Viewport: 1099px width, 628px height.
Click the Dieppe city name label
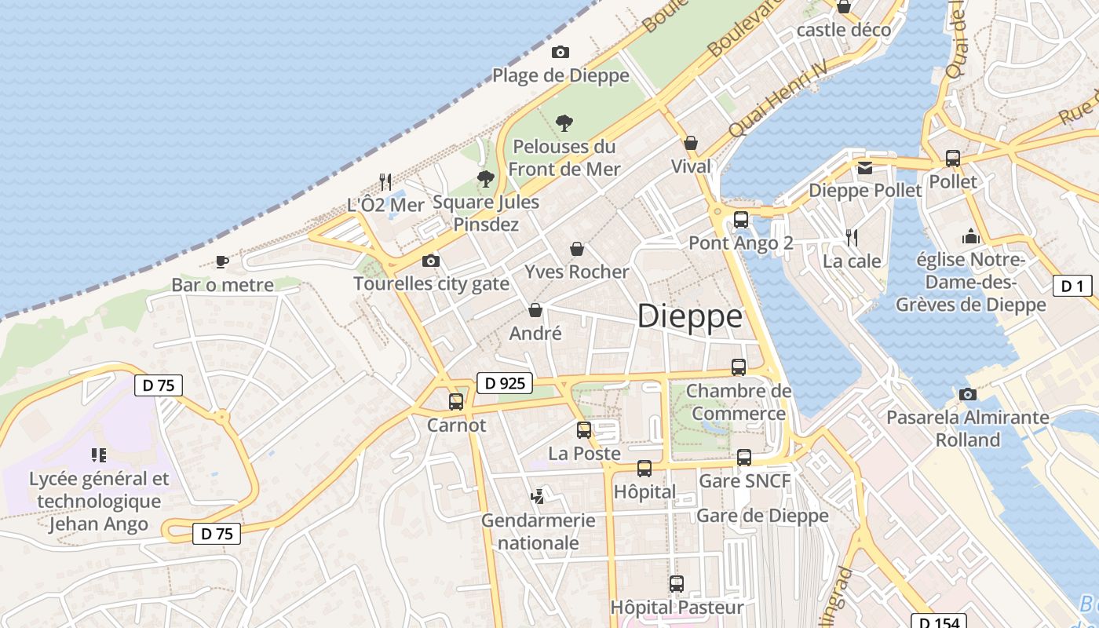pos(689,316)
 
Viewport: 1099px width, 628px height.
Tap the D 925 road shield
pos(505,383)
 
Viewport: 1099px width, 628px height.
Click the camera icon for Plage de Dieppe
pos(560,52)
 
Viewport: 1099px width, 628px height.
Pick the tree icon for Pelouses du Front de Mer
pos(564,122)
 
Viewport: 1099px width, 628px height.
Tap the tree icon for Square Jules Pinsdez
pos(486,179)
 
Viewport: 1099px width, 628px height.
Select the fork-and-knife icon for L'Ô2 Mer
pos(385,182)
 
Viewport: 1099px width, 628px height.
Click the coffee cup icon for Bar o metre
pos(222,261)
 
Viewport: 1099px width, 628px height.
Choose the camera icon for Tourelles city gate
pos(431,261)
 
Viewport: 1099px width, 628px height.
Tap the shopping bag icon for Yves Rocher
pos(577,249)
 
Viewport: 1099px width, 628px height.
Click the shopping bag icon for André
pos(535,310)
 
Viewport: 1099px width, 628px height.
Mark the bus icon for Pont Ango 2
pos(740,220)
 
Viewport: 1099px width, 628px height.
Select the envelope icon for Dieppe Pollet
pos(865,167)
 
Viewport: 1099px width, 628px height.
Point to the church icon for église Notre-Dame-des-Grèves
pos(971,236)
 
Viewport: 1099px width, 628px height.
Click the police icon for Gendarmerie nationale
pos(538,496)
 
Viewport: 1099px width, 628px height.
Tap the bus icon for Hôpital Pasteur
pos(677,584)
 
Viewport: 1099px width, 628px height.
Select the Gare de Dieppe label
pos(762,515)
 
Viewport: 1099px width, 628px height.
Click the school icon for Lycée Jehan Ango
pos(99,455)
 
